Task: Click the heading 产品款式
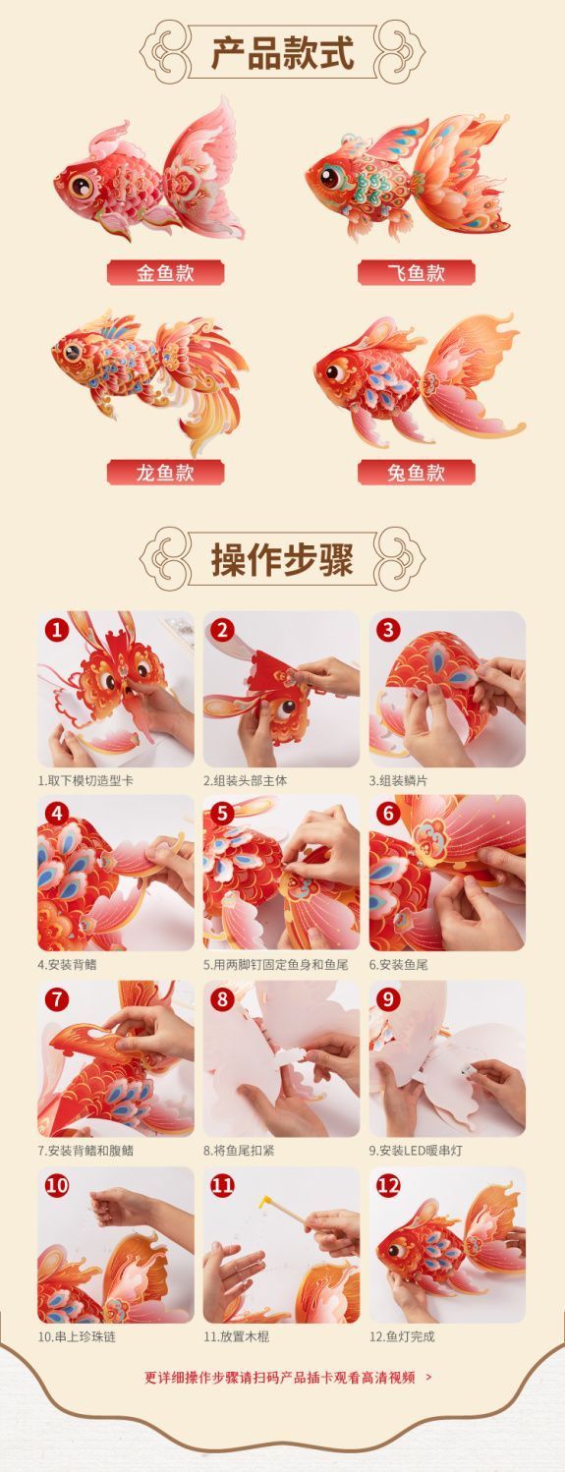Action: pyautogui.click(x=283, y=53)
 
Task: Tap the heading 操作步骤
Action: pyautogui.click(x=283, y=560)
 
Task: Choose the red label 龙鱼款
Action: pyautogui.click(x=165, y=472)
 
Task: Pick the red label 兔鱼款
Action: pyautogui.click(x=417, y=472)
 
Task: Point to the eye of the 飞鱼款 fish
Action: pyautogui.click(x=330, y=178)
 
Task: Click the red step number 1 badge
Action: pyautogui.click(x=57, y=630)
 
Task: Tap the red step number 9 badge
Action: pyautogui.click(x=388, y=999)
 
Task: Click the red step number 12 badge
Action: pyautogui.click(x=388, y=1186)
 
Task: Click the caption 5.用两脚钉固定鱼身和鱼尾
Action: pyautogui.click(x=276, y=965)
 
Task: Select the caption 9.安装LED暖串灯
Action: pyautogui.click(x=416, y=1151)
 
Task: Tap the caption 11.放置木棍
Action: pyautogui.click(x=237, y=1336)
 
